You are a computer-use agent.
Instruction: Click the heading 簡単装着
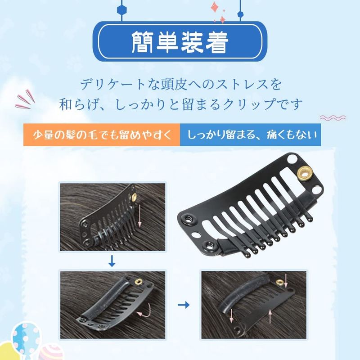180,42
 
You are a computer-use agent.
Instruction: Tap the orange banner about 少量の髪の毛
102,135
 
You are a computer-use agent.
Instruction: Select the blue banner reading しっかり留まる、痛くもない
251,135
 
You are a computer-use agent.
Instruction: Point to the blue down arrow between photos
112,261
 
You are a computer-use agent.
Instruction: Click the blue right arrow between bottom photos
184,305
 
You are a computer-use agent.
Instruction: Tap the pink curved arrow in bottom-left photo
144,310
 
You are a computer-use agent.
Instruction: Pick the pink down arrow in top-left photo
139,216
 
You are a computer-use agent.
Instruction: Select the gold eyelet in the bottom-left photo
139,281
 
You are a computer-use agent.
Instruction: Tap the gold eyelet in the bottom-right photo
279,282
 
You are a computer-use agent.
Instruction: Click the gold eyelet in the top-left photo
134,197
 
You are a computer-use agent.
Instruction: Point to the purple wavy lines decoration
333,118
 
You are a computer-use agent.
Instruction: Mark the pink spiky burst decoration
25,99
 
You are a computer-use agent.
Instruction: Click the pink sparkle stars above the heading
218,12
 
